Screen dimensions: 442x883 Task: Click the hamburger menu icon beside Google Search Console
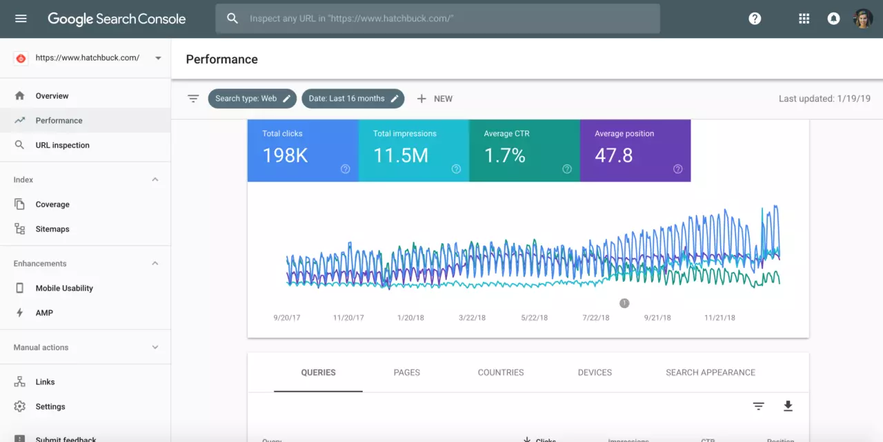(x=21, y=19)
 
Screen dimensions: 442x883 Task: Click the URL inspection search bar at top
(x=437, y=19)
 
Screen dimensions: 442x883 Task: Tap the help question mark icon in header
(x=755, y=19)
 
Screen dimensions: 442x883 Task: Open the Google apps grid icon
(x=804, y=19)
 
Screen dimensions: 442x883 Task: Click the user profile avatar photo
(x=862, y=19)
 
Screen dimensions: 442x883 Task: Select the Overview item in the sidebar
(x=52, y=96)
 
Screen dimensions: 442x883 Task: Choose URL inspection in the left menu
(x=62, y=145)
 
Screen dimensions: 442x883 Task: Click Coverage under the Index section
(x=52, y=204)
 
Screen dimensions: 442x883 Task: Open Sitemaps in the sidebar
(x=52, y=229)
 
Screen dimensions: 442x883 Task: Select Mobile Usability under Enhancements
(x=64, y=288)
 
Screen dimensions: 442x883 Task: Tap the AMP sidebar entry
(x=44, y=313)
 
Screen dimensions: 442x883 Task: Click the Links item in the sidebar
(x=45, y=382)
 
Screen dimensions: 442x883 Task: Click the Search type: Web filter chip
(x=252, y=99)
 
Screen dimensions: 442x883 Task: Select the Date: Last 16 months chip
(x=353, y=99)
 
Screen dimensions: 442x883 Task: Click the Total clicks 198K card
(x=303, y=151)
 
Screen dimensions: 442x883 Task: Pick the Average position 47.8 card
(x=635, y=151)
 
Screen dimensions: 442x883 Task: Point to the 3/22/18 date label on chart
(x=473, y=318)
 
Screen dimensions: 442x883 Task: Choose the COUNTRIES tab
(x=500, y=372)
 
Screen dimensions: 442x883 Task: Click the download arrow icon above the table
(x=788, y=406)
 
